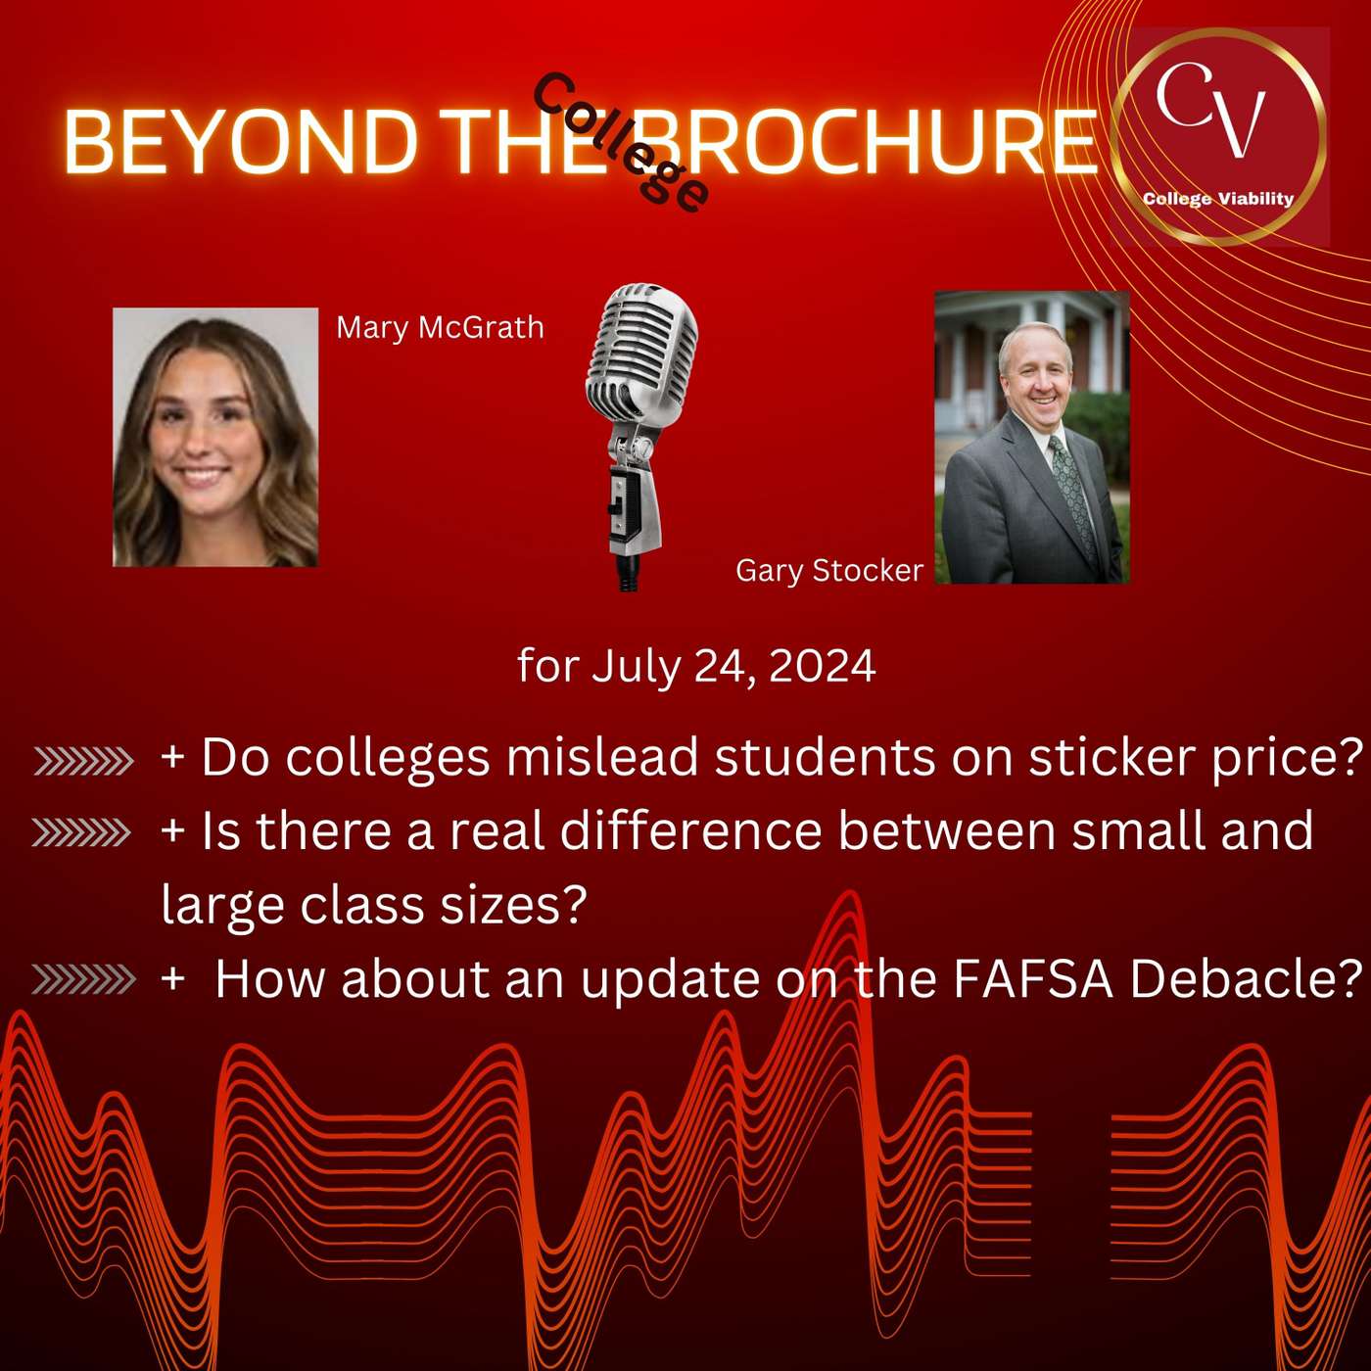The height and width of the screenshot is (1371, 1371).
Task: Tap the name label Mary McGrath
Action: click(x=440, y=327)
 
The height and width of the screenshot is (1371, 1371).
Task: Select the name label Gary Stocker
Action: click(x=828, y=570)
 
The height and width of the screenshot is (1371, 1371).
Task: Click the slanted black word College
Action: click(x=621, y=142)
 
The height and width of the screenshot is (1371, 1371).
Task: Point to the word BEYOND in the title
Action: click(x=241, y=142)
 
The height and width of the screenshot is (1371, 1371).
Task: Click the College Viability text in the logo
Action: click(x=1217, y=199)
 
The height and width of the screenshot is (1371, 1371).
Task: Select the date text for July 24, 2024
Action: click(x=696, y=666)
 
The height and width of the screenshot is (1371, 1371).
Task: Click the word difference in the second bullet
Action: click(x=691, y=831)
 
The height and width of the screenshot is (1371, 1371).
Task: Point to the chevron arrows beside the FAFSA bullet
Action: click(x=83, y=978)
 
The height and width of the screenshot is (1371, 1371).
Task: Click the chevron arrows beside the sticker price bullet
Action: click(x=83, y=761)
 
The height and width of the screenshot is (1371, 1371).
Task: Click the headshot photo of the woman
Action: click(x=215, y=437)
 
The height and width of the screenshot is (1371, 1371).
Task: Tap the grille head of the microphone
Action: click(x=641, y=348)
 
